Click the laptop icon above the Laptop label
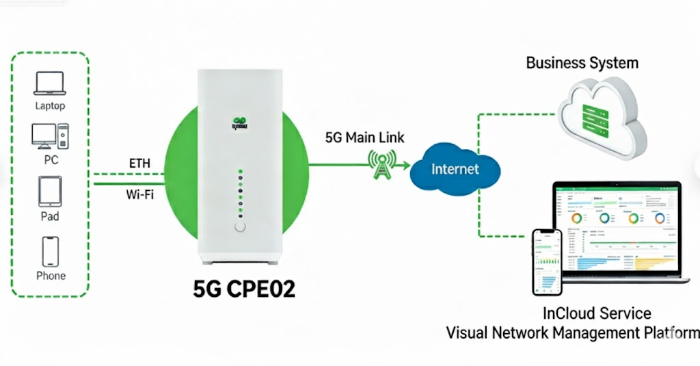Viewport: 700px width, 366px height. [x=50, y=84]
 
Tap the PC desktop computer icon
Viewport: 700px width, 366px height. [x=50, y=136]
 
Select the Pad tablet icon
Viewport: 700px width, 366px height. [x=50, y=192]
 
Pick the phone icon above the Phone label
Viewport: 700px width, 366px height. [x=51, y=250]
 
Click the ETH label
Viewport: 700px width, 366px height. [x=139, y=164]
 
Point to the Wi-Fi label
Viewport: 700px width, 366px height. [x=139, y=194]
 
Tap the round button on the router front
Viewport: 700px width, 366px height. [x=239, y=228]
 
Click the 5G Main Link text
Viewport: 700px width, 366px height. [x=364, y=138]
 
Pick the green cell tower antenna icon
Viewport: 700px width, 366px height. [x=380, y=164]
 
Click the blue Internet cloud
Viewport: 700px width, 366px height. [x=455, y=169]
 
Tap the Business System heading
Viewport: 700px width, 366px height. [x=582, y=63]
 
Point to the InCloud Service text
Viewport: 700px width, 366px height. [x=597, y=314]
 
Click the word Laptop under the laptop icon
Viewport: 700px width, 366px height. [x=50, y=106]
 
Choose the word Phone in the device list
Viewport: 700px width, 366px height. [x=51, y=276]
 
